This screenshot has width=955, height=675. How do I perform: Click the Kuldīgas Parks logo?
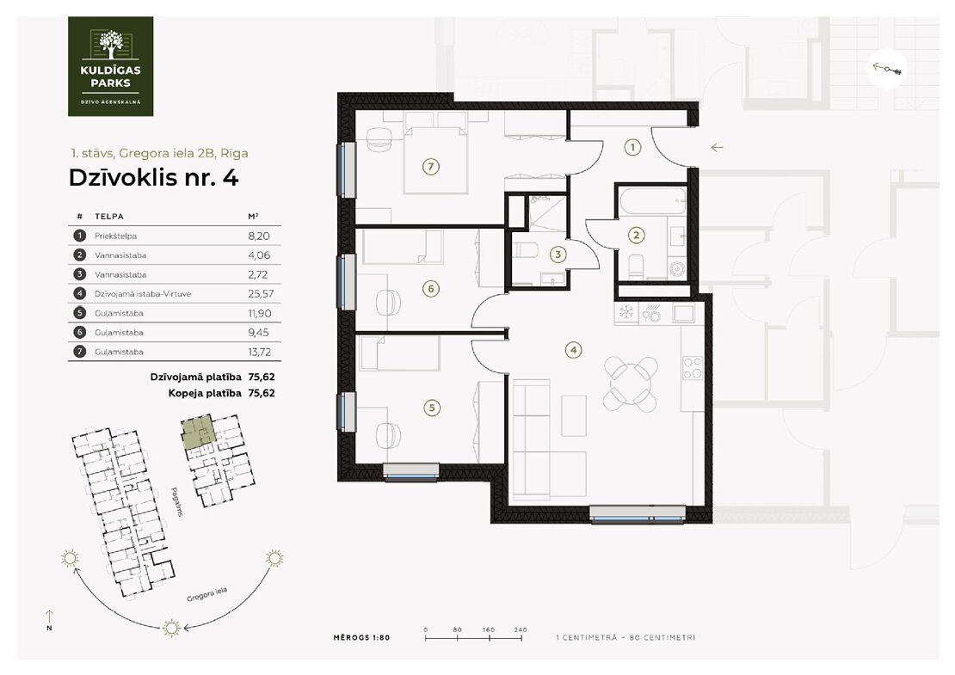click(x=110, y=66)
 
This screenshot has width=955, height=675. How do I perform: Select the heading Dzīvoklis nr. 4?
click(x=153, y=178)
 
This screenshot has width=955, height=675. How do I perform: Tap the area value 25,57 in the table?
click(x=261, y=294)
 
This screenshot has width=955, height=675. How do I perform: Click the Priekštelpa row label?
click(x=116, y=236)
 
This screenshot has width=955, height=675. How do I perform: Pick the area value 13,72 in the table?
click(x=260, y=352)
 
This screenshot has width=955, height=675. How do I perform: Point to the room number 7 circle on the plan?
click(x=430, y=166)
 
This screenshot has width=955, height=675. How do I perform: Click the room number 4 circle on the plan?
click(x=573, y=349)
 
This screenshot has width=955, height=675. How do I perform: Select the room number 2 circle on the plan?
click(x=637, y=235)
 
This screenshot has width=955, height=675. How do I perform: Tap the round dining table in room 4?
click(x=631, y=384)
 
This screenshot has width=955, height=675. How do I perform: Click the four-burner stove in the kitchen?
click(x=693, y=368)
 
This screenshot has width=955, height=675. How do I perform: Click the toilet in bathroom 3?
click(x=526, y=249)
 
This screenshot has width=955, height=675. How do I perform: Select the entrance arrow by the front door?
click(x=717, y=147)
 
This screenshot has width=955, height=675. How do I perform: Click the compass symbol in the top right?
click(x=887, y=69)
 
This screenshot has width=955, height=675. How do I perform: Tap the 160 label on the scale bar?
click(x=489, y=630)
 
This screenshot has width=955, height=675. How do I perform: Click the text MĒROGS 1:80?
click(x=361, y=638)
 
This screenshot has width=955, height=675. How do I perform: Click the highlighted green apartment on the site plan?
click(x=198, y=433)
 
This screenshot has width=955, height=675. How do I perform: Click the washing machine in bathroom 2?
click(x=677, y=268)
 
